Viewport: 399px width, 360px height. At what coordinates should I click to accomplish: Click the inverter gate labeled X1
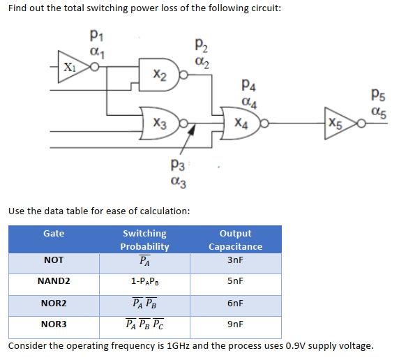(70, 68)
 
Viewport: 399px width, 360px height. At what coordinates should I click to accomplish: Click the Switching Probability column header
(144, 239)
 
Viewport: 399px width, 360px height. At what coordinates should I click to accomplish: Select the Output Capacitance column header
(235, 239)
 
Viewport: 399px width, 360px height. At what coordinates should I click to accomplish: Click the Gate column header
(54, 233)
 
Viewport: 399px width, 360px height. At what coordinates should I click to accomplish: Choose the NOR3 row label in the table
(54, 324)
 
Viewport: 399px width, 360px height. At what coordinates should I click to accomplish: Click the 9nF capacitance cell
(235, 324)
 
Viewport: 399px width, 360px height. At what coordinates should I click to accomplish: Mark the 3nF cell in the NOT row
(235, 260)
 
